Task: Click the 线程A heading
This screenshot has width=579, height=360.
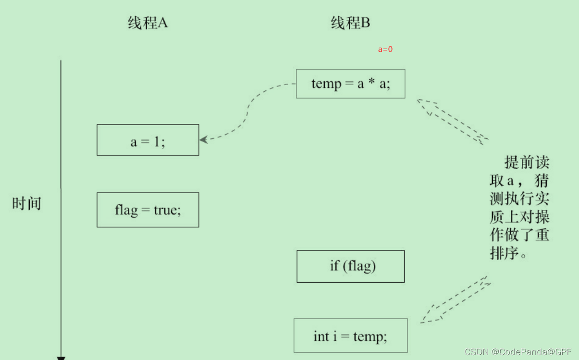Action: pos(148,23)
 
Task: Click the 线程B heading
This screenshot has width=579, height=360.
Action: pos(350,23)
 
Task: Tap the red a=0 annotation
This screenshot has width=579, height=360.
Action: pos(385,49)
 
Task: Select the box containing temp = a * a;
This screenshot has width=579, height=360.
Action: pos(350,84)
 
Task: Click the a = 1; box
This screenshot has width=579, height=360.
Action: pos(148,140)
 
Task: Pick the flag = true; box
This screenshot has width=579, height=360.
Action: pos(148,210)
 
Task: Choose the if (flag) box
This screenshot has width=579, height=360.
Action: pos(350,266)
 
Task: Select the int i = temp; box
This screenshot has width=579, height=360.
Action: pos(350,335)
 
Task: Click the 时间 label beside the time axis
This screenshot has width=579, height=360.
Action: pos(27,203)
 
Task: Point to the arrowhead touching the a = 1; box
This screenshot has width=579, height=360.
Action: pos(203,139)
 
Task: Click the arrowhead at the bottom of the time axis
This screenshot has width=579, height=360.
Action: pos(61,358)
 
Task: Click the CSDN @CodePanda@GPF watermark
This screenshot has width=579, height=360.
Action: pos(518,352)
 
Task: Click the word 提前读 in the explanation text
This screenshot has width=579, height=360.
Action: pos(527,162)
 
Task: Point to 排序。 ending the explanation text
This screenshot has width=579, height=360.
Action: pos(508,253)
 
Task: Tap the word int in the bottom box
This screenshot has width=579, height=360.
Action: pos(321,336)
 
